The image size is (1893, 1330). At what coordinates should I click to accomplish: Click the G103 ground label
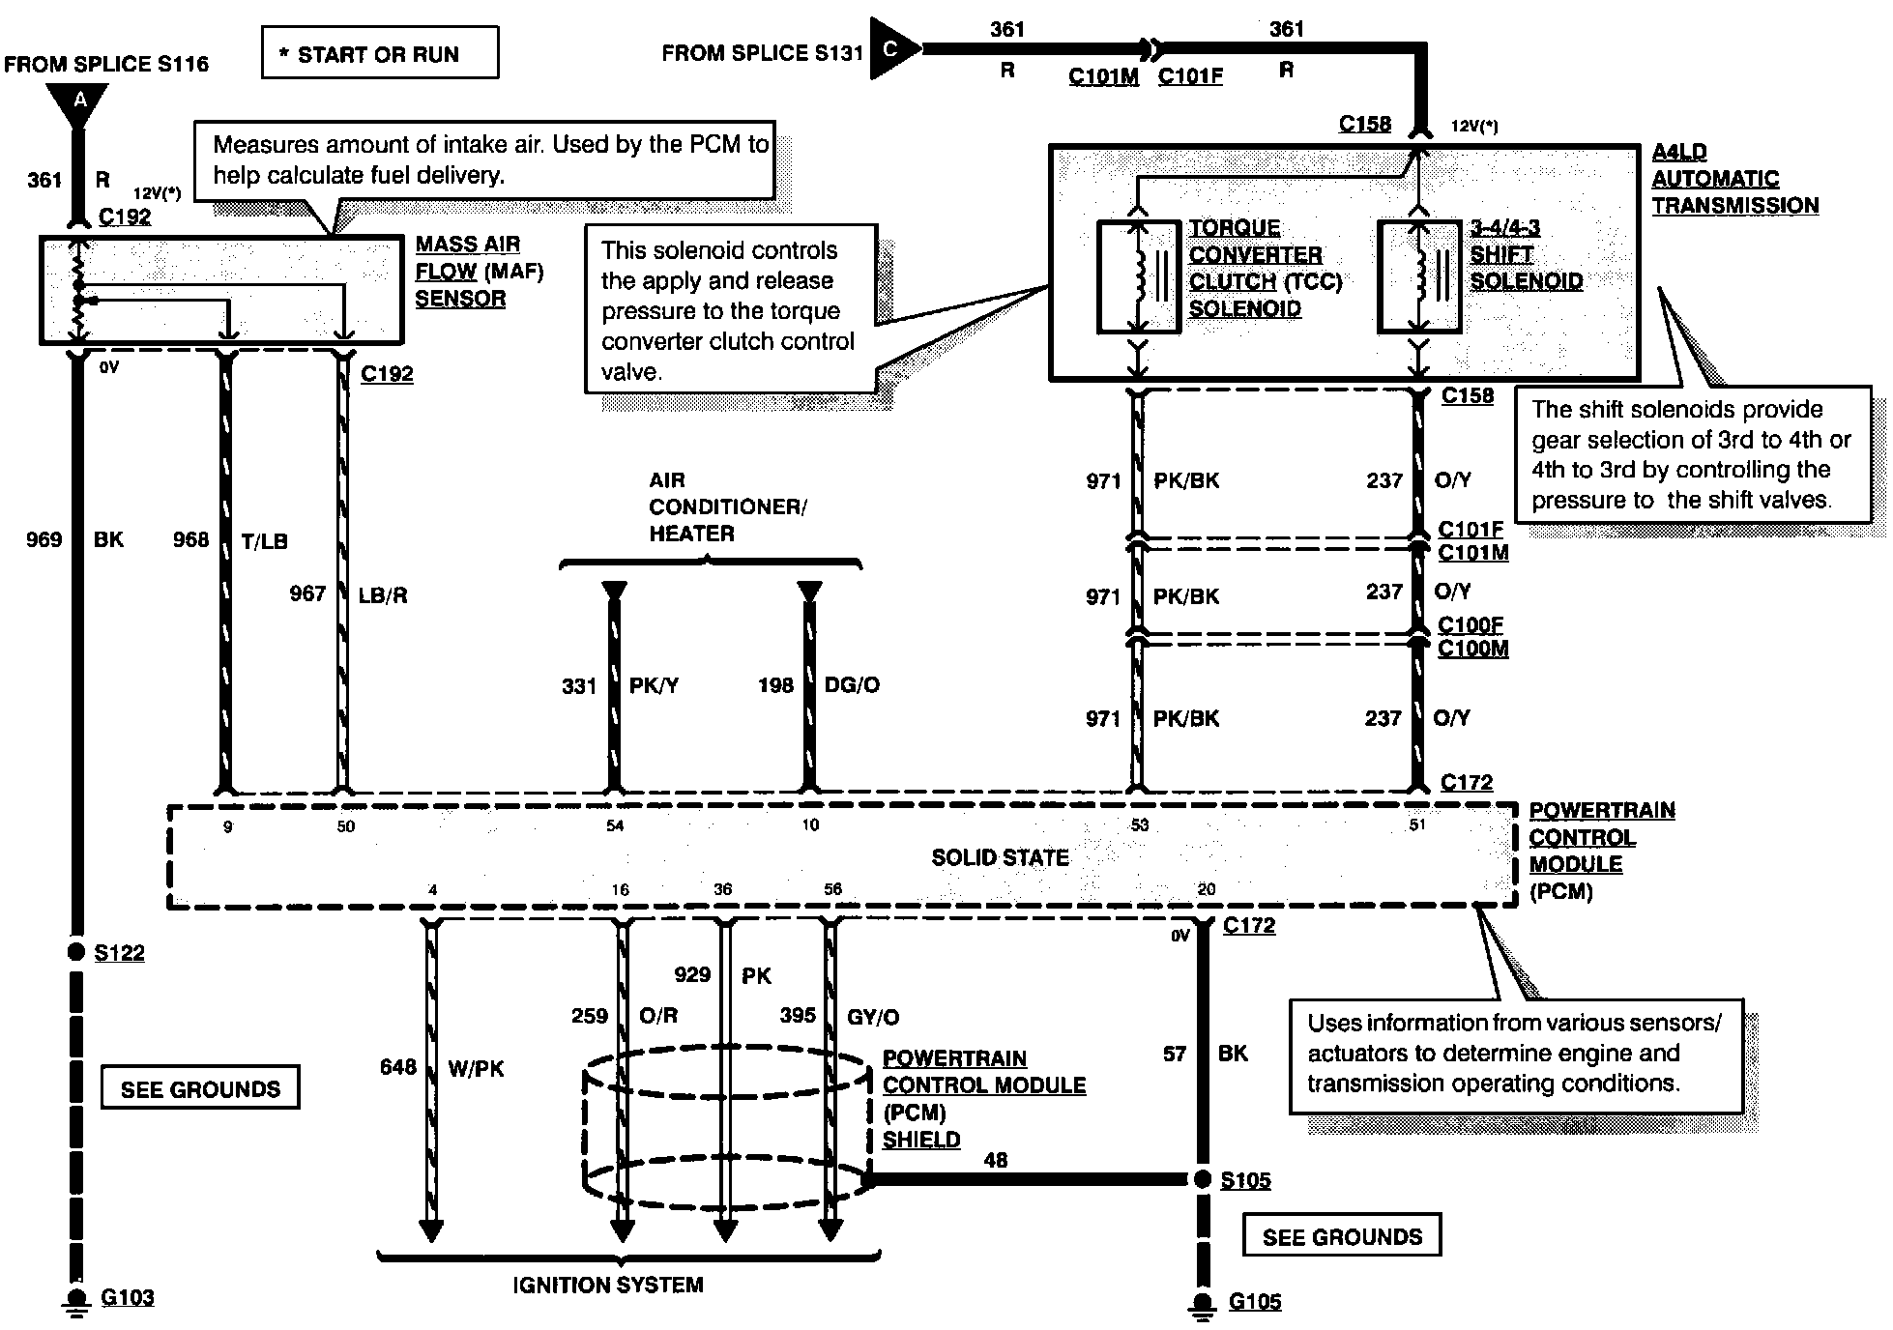(x=127, y=1297)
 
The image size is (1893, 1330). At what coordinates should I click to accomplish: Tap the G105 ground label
(x=1255, y=1302)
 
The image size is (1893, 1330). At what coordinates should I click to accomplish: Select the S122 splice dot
(x=76, y=951)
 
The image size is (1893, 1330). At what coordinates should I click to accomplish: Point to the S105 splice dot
(x=1202, y=1178)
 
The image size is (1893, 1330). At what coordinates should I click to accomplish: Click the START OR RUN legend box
(x=380, y=53)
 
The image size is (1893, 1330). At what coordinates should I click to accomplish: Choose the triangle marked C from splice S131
(x=892, y=48)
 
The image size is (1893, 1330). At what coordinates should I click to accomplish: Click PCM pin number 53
(x=1140, y=824)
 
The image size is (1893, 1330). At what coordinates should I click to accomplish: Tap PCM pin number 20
(x=1207, y=889)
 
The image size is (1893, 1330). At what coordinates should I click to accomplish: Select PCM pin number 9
(x=227, y=826)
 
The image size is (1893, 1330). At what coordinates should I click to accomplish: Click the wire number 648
(x=397, y=1067)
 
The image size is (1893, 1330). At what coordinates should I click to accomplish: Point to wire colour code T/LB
(x=265, y=541)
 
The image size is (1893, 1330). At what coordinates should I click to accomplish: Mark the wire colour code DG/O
(x=852, y=685)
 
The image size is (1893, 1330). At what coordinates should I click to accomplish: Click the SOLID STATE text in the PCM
(x=1000, y=857)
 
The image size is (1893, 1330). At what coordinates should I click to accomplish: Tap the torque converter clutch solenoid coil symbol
(x=1139, y=277)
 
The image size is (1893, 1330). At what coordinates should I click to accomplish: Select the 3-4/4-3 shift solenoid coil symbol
(x=1418, y=277)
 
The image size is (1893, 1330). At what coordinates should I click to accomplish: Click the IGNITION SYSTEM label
(x=608, y=1285)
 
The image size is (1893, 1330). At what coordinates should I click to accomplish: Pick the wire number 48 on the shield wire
(x=995, y=1159)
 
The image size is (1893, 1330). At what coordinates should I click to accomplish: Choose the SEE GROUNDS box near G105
(x=1342, y=1236)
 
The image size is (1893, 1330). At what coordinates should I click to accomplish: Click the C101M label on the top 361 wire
(x=1103, y=76)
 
